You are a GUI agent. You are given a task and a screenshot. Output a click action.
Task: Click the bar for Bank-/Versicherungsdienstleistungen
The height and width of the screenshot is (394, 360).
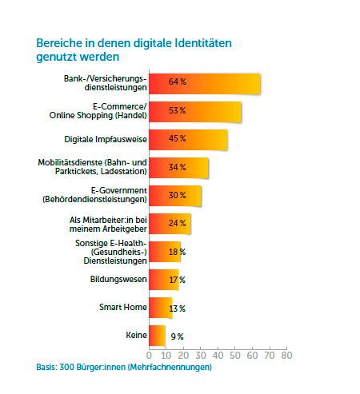pyautogui.click(x=204, y=83)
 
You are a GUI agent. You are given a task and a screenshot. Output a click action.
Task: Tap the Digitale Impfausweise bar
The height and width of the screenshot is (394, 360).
pyautogui.click(x=187, y=139)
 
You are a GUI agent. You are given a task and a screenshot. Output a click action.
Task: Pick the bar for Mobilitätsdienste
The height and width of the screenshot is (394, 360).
pyautogui.click(x=178, y=167)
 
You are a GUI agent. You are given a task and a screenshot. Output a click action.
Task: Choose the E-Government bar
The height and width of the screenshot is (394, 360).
pyautogui.click(x=174, y=195)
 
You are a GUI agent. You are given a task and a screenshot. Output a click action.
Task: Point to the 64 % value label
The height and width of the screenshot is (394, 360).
pyautogui.click(x=177, y=83)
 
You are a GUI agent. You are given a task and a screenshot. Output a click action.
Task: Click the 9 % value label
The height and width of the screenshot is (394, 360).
pyautogui.click(x=177, y=336)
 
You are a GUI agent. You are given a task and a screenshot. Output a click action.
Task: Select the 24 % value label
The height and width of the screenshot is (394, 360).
pyautogui.click(x=177, y=223)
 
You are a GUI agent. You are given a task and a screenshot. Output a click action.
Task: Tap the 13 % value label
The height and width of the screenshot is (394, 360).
pyautogui.click(x=177, y=308)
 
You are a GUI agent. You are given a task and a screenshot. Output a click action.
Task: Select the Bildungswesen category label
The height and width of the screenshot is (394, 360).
pyautogui.click(x=118, y=279)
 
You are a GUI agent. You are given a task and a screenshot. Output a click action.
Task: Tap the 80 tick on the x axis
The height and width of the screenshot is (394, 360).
pyautogui.click(x=286, y=354)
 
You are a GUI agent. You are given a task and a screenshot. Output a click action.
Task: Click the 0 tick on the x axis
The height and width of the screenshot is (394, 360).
pyautogui.click(x=149, y=354)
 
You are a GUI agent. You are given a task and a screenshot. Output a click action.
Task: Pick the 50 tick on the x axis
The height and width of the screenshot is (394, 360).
pyautogui.click(x=235, y=354)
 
